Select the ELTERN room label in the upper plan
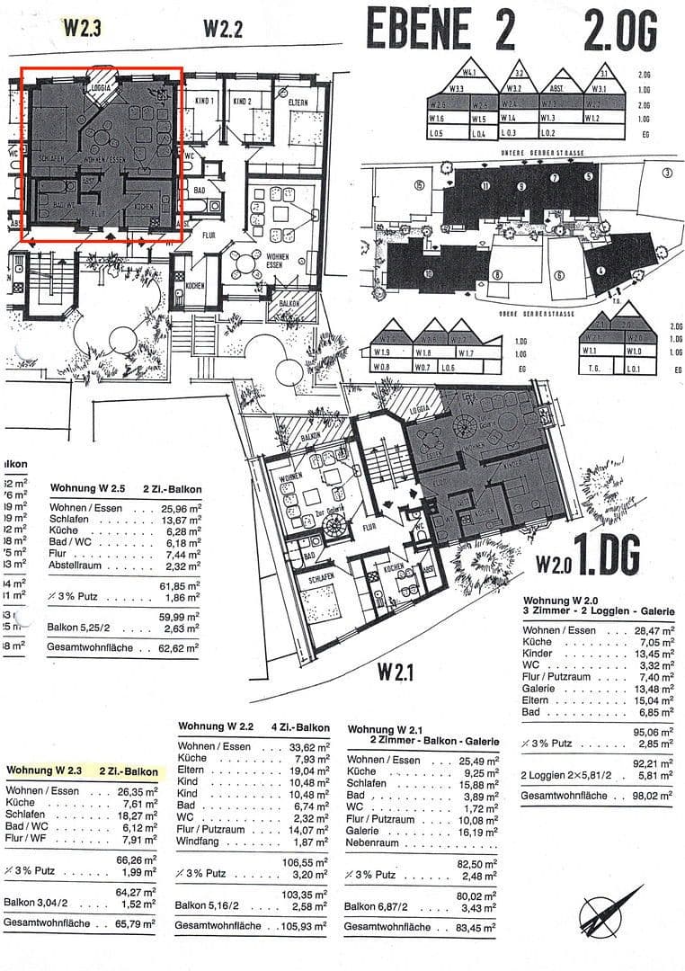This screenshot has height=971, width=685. tap(298, 102)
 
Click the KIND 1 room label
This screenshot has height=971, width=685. tap(203, 102)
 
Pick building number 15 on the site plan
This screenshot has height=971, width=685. tap(418, 185)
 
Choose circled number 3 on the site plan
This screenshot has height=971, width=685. tap(667, 173)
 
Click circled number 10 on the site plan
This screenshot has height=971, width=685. tap(429, 274)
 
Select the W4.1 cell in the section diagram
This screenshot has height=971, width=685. tap(468, 73)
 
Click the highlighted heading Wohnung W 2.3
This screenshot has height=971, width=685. tap(44, 771)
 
